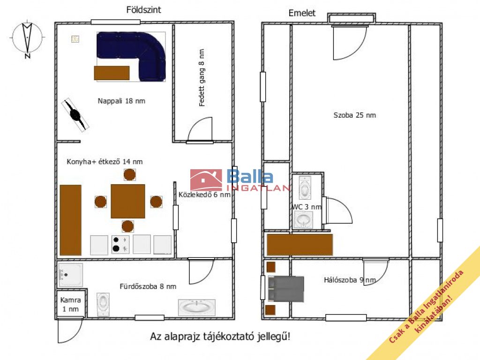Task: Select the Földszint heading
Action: point(143,10)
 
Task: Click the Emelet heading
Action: point(302,13)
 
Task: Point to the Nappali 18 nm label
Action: point(121,101)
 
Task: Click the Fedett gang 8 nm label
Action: point(202,78)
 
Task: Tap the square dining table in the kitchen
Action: point(127,201)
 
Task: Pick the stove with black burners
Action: point(120,244)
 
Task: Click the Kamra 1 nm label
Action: point(71,305)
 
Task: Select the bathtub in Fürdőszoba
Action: point(196,307)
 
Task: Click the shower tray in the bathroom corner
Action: point(70,275)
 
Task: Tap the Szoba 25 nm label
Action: point(355,115)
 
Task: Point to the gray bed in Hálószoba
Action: point(286,289)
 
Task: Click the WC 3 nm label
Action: point(307,207)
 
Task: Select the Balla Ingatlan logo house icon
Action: point(206,180)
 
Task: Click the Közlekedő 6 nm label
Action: point(204,195)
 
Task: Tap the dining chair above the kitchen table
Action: point(130,174)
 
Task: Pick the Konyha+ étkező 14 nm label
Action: point(105,162)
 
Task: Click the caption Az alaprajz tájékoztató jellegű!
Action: point(220,337)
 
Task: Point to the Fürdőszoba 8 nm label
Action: point(148,286)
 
